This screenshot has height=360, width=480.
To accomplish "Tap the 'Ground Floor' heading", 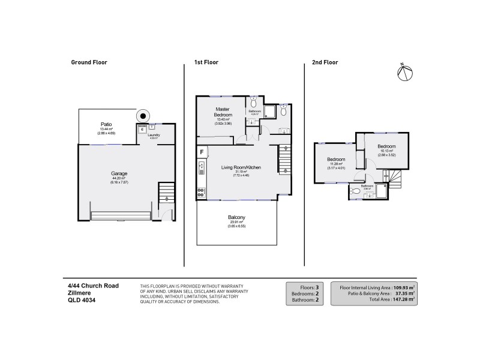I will pos(89,62).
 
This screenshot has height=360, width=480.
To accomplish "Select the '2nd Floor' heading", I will pos(325,62).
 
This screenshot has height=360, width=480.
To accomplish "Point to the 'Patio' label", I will pos(106,124).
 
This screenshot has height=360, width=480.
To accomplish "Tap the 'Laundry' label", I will pos(155,135).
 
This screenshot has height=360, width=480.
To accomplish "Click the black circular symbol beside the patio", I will pos(143,116).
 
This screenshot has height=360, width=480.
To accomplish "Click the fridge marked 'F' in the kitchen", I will pos(202,151).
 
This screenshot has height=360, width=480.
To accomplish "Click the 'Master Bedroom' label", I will pos(224,112).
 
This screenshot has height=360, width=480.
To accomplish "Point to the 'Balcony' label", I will pos(236,217).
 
